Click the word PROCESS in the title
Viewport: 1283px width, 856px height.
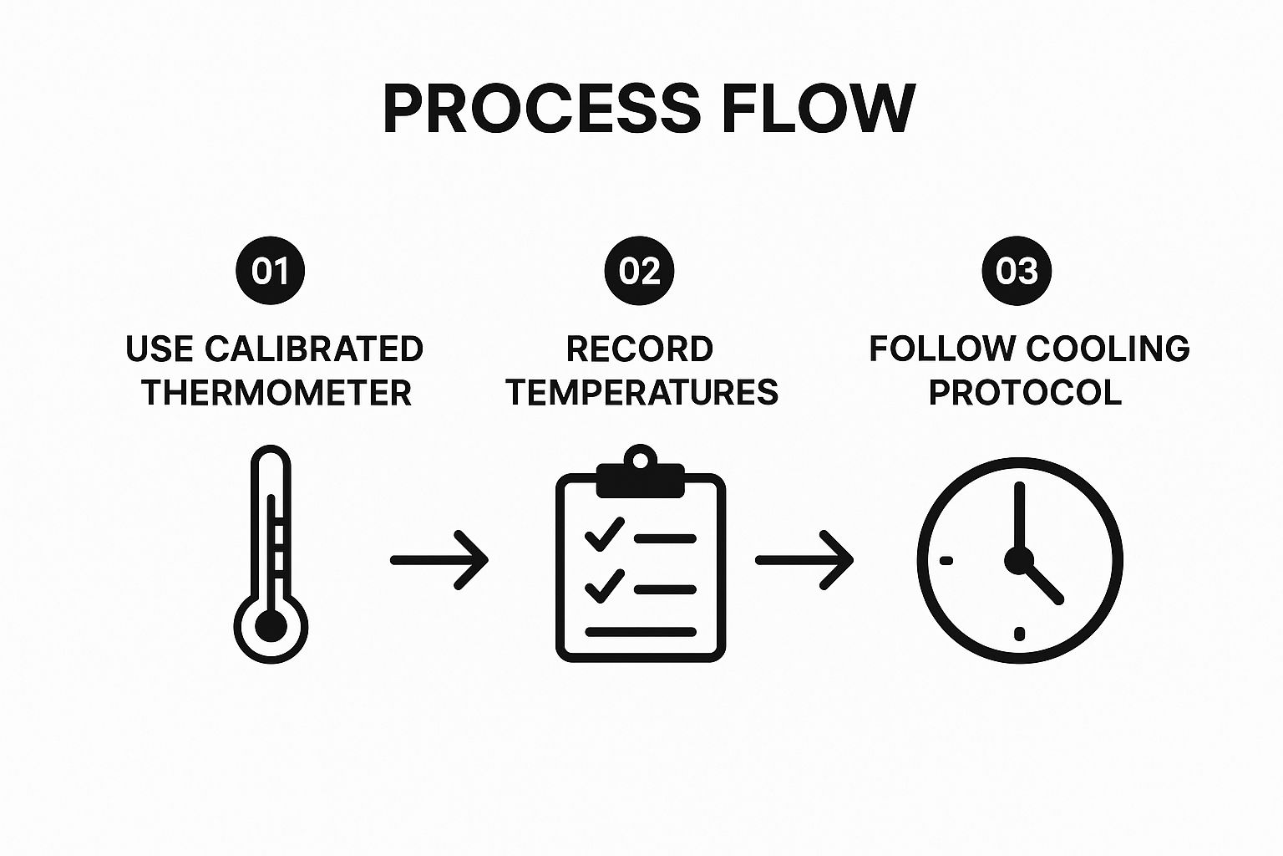541,110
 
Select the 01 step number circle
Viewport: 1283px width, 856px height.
271,271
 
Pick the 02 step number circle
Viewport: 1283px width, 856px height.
640,271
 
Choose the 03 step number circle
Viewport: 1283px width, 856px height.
1017,271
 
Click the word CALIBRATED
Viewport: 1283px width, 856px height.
314,349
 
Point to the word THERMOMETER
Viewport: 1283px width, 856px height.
276,392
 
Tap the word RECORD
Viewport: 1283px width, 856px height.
640,349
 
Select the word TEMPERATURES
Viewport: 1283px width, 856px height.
642,392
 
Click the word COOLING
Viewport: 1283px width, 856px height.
1108,349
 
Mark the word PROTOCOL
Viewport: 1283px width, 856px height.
1026,392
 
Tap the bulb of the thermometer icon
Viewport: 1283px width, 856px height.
271,626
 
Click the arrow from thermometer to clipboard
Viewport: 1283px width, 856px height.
439,560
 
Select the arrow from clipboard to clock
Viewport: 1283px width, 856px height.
804,560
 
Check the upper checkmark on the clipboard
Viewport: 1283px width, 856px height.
605,533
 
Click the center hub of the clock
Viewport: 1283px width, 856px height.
1019,559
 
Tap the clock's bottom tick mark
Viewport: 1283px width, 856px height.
1019,633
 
